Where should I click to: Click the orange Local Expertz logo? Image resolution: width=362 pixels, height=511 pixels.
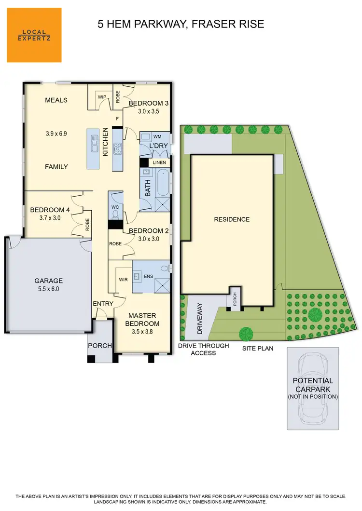click(x=34, y=35)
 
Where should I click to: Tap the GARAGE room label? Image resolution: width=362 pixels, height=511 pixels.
click(x=48, y=281)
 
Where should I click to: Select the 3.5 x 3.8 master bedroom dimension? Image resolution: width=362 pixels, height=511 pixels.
click(x=142, y=332)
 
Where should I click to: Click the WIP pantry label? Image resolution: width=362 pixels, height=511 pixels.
click(x=102, y=97)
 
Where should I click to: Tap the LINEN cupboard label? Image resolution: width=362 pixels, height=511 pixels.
click(x=159, y=162)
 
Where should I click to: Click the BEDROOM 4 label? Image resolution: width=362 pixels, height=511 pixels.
click(x=50, y=210)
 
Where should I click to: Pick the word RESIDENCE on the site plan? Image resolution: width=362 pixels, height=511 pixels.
click(x=232, y=219)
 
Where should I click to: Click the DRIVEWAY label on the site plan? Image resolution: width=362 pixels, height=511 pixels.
click(x=200, y=319)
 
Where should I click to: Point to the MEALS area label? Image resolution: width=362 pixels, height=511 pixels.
click(x=56, y=100)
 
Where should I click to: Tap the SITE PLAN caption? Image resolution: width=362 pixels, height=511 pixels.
click(x=258, y=348)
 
